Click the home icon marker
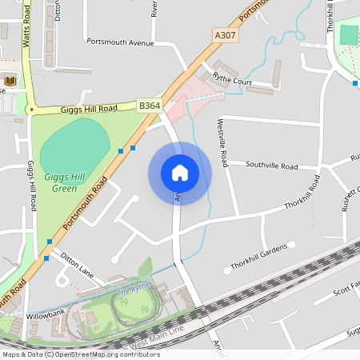click(x=180, y=172)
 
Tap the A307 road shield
click(x=226, y=35)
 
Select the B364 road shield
click(x=150, y=105)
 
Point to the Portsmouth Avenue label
click(x=119, y=42)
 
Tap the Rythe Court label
click(x=233, y=81)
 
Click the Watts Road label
click(x=26, y=30)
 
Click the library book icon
click(x=10, y=80)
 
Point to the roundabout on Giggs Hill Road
click(x=31, y=110)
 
